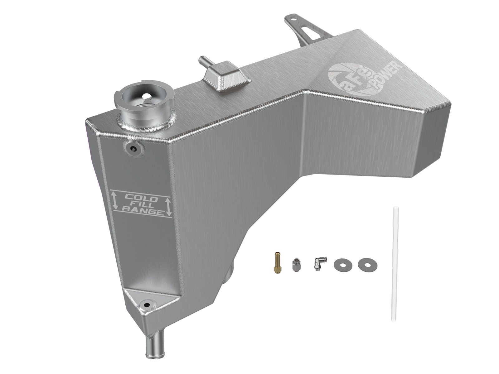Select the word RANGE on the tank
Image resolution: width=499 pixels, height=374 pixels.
coord(142,211)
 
